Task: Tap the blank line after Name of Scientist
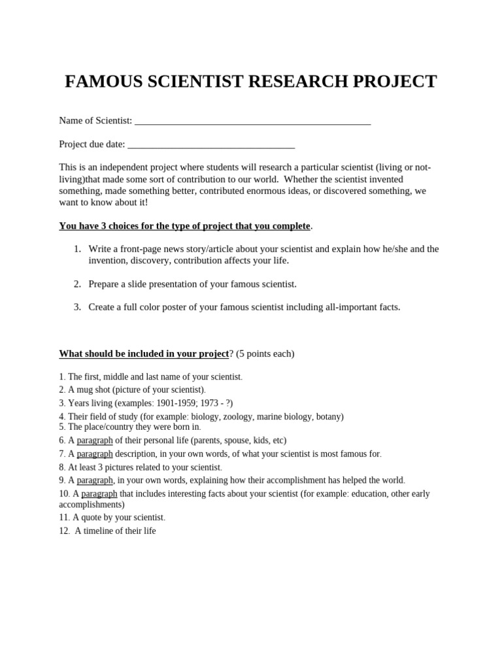(252, 122)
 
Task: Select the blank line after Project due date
(211, 145)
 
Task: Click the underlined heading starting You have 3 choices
(184, 226)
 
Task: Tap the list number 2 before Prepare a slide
(77, 284)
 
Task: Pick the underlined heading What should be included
(144, 354)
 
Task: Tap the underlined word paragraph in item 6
(95, 441)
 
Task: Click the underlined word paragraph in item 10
(99, 494)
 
